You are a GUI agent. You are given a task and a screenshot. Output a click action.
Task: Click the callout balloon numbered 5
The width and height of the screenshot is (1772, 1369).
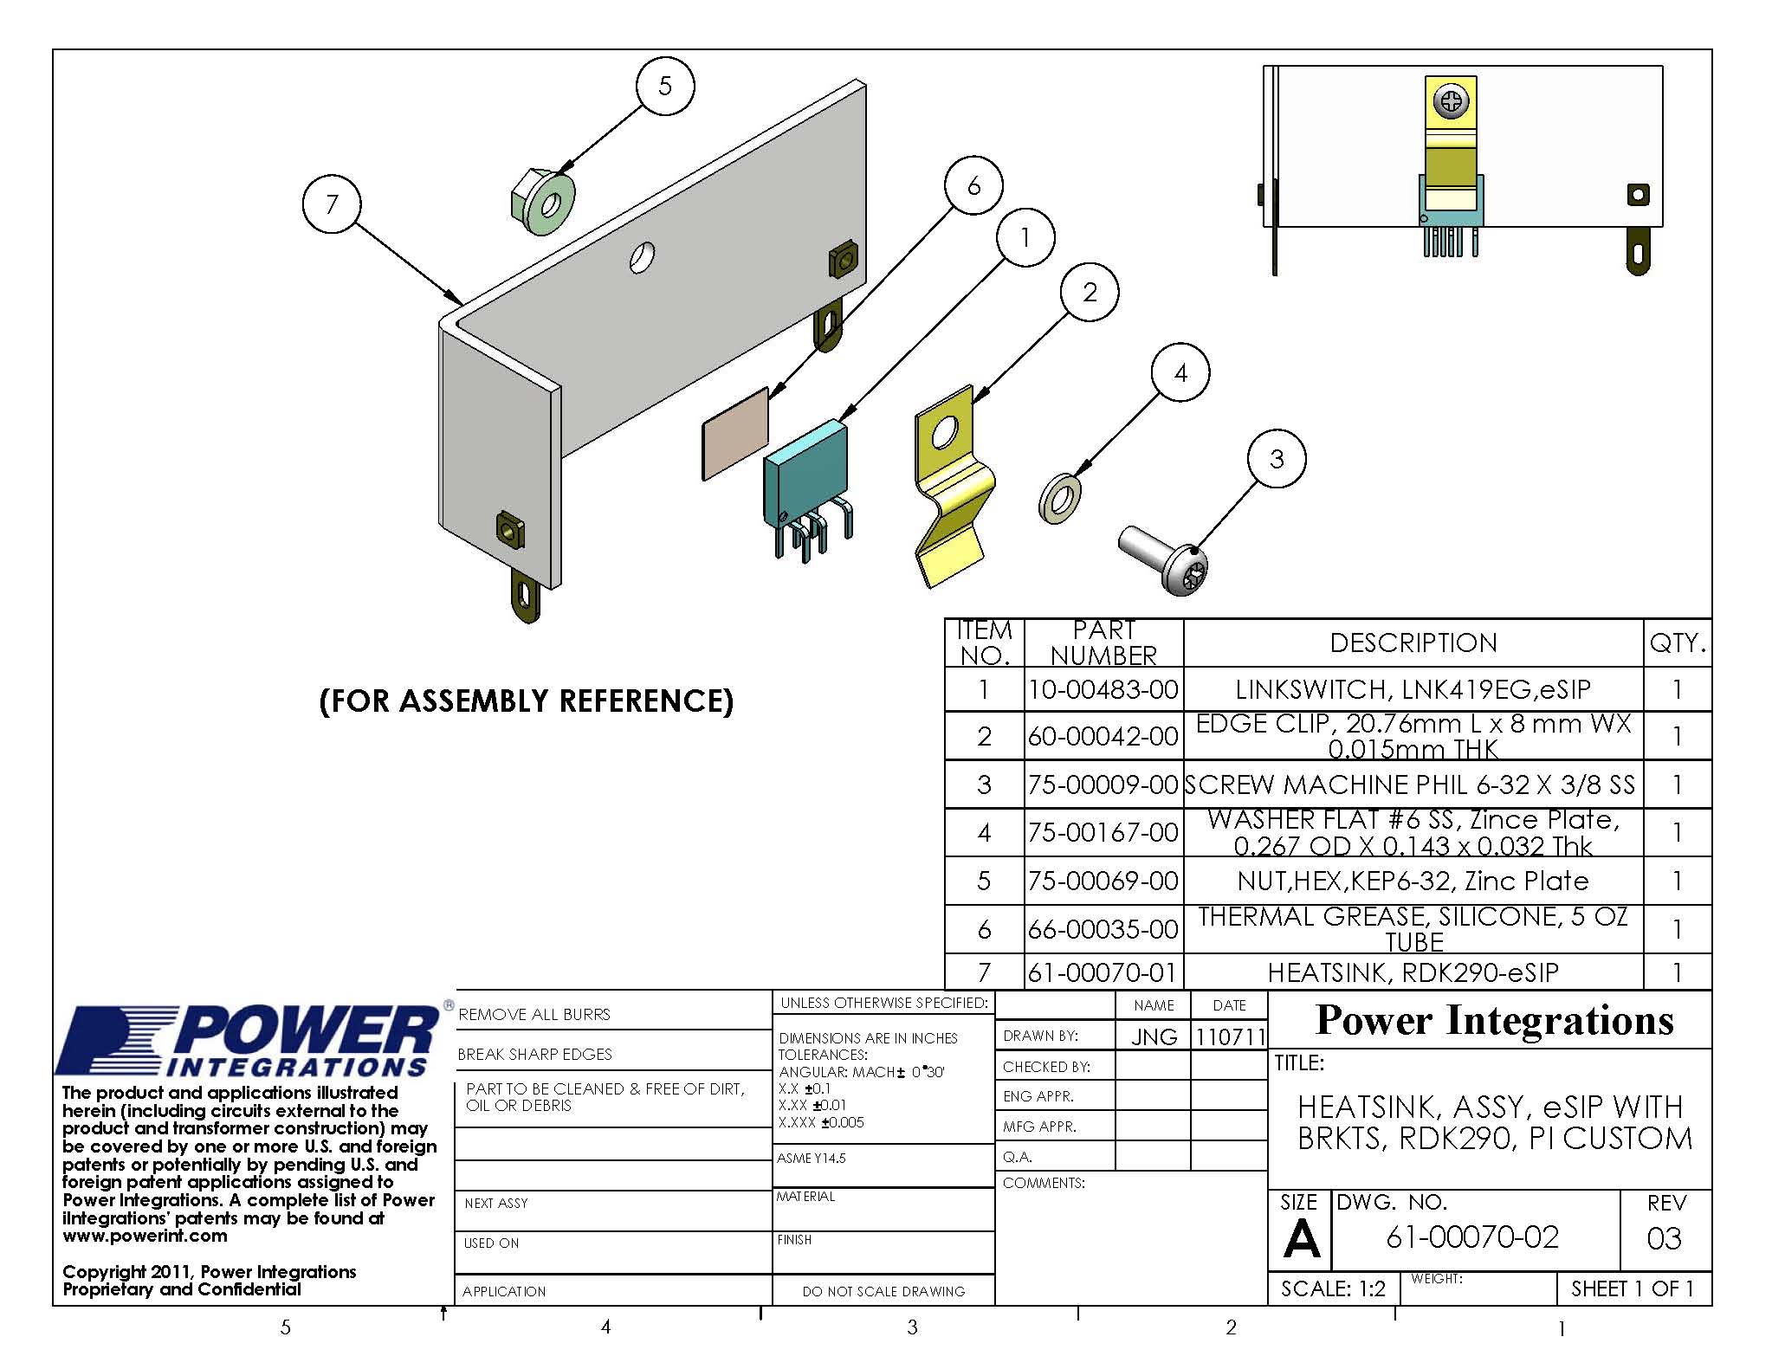[x=664, y=85]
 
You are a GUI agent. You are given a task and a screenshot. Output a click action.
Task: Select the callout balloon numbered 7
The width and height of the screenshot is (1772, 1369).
[x=331, y=204]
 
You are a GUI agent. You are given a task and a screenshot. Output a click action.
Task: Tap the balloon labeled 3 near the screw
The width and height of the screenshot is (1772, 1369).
[x=1276, y=459]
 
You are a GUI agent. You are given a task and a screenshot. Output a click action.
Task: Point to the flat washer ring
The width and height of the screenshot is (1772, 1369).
[x=1059, y=498]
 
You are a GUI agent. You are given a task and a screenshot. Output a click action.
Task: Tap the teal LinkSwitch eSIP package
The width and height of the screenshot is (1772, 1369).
[x=805, y=481]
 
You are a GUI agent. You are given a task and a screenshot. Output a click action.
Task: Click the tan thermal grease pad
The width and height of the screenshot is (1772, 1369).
[x=735, y=433]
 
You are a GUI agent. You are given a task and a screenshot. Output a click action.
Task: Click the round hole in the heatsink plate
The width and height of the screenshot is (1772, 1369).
[x=642, y=257]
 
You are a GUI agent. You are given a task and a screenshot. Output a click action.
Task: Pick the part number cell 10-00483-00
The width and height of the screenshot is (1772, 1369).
[x=1103, y=689]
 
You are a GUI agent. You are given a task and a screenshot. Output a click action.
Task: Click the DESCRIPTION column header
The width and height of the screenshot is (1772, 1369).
[x=1413, y=643]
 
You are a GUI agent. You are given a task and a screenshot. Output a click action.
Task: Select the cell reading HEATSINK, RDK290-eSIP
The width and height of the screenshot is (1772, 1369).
[x=1413, y=972]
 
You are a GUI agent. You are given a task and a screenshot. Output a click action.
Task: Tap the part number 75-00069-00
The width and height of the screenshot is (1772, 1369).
[x=1103, y=881]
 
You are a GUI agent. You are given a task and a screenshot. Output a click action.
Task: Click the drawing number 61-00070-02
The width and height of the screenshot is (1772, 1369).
[x=1472, y=1237]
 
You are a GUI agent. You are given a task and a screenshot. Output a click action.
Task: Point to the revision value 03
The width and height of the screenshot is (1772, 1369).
[x=1664, y=1238]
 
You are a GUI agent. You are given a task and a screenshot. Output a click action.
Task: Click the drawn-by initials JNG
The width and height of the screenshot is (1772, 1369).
[x=1154, y=1036]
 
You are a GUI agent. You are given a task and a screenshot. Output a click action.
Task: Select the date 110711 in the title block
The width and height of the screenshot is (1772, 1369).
[x=1229, y=1036]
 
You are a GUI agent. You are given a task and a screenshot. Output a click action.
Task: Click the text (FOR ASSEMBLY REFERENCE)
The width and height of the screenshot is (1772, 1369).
[x=526, y=701]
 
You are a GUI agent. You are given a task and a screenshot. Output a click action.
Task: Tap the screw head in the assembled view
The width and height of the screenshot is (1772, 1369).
[x=1452, y=103]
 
